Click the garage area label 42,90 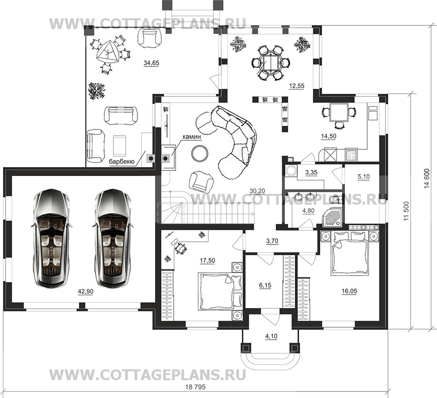85,292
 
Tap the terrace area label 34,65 151,63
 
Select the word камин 192,137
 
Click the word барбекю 122,162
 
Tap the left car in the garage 51,238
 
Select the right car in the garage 112,238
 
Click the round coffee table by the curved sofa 199,153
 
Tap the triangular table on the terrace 107,52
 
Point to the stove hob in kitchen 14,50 352,155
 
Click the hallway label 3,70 272,241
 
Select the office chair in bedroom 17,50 181,248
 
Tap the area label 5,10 363,176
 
